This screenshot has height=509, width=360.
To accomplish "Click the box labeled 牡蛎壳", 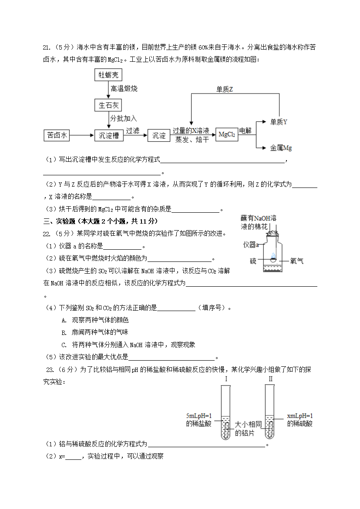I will click(108, 75).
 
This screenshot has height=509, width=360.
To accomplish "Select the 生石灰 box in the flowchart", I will click(108, 105).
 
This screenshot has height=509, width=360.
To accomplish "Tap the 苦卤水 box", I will click(57, 135).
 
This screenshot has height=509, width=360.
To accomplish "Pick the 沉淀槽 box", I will click(109, 135).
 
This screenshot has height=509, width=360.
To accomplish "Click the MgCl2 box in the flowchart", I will click(227, 135).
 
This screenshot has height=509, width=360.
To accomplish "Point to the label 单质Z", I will click(225, 89).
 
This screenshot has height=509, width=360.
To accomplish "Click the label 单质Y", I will click(279, 122).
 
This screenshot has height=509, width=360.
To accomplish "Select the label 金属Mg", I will click(281, 148).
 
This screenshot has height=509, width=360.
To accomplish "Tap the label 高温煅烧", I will click(124, 89).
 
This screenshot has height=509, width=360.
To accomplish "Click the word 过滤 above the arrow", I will click(132, 130).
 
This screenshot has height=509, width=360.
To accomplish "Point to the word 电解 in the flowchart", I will click(245, 130).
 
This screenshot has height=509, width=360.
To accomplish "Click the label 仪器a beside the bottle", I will click(251, 245).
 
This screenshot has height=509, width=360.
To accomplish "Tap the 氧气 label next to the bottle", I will click(297, 261).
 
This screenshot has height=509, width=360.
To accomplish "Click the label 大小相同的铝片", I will click(248, 429).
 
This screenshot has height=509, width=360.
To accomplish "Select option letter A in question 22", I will click(64, 320).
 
